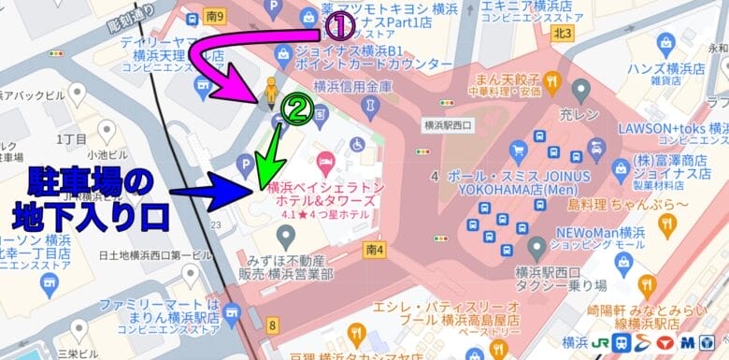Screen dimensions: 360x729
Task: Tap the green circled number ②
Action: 296,111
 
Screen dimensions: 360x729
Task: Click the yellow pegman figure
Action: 271,92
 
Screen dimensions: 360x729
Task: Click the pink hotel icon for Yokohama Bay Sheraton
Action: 324,162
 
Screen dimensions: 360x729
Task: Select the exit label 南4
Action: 377,250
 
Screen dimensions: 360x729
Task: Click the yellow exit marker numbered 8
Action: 272,325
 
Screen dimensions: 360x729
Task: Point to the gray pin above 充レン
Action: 580,91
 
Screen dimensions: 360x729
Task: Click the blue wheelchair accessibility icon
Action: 357,145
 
